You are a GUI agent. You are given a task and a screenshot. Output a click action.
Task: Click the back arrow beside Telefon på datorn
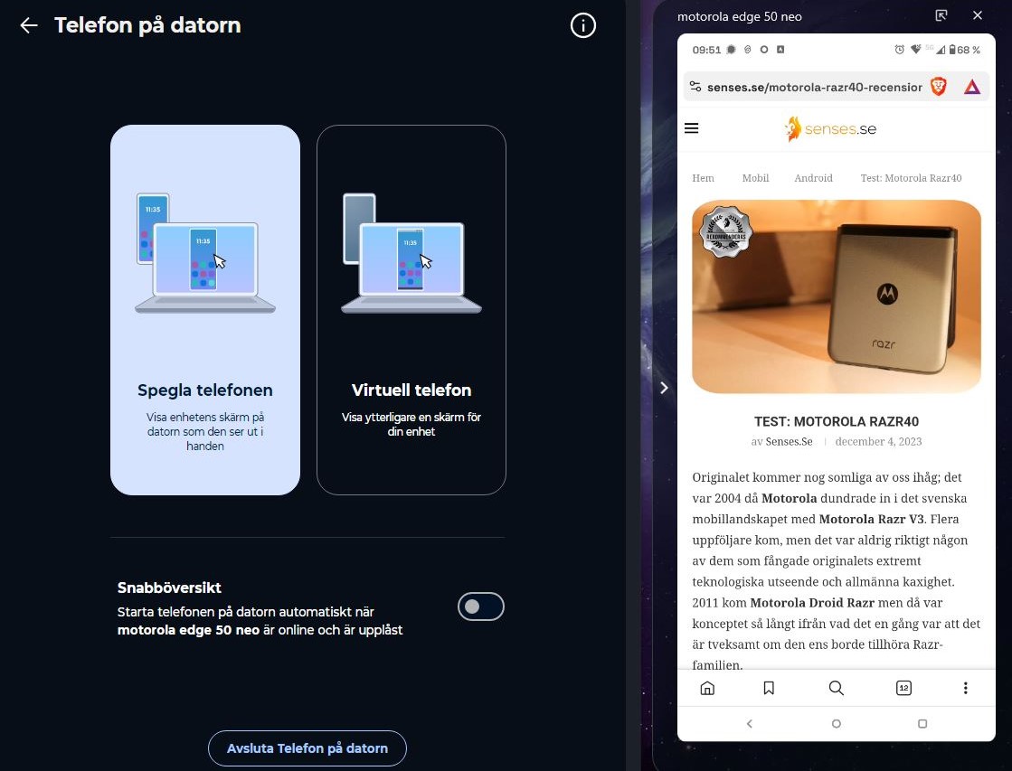pos(29,25)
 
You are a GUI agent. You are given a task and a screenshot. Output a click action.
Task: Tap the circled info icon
pos(582,26)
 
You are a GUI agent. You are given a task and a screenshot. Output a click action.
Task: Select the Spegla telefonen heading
pos(205,390)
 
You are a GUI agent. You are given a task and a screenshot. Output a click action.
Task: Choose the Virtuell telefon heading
pos(411,390)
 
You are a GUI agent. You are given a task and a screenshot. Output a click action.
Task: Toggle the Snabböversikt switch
pos(481,606)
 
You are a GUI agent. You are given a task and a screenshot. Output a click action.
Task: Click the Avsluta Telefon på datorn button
pos(307,748)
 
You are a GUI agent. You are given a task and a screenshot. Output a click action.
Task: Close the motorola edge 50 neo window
pos(978,14)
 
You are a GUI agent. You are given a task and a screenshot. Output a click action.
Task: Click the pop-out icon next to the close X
pos(941,14)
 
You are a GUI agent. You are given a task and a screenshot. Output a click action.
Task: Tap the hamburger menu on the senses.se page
pos(691,127)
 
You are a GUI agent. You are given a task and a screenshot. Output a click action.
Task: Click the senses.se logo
pos(830,128)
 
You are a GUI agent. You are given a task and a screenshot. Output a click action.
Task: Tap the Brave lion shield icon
pos(939,87)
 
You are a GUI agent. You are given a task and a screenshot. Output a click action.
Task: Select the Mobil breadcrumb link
pos(755,178)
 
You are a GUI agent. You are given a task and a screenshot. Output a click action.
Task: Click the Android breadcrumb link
pos(813,178)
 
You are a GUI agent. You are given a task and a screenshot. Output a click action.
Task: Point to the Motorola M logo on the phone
pos(887,294)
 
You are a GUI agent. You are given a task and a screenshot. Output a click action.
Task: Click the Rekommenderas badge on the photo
pos(726,232)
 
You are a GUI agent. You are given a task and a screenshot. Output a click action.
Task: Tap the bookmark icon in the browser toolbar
pos(769,688)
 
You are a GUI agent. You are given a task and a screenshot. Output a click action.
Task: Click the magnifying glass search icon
pos(836,688)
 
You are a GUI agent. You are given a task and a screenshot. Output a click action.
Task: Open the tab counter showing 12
pos(903,688)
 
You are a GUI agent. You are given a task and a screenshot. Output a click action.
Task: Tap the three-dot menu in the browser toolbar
pos(966,688)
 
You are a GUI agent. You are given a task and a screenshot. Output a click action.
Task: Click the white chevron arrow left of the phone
pos(664,388)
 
